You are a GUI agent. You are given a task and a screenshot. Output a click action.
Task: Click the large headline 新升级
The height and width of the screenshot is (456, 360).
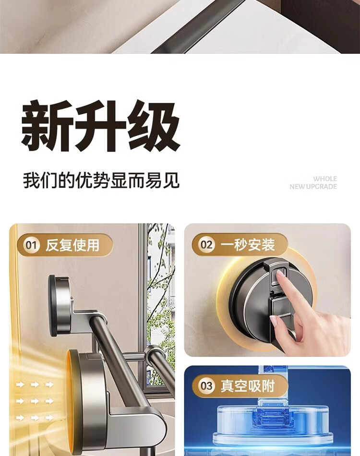coord(101,126)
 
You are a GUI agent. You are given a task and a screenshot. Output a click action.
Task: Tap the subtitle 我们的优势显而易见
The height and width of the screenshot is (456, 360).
coord(101,180)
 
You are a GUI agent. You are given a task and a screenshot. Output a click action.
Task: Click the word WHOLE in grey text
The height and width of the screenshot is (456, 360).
coord(325,179)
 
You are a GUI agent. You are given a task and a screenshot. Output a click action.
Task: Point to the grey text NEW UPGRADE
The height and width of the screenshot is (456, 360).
coord(313,187)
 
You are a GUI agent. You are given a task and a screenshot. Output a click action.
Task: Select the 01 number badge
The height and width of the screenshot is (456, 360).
coord(31,245)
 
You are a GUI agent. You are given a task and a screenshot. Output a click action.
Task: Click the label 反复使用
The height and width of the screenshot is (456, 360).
coord(72,245)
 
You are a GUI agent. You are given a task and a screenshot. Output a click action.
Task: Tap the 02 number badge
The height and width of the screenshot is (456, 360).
coord(206,245)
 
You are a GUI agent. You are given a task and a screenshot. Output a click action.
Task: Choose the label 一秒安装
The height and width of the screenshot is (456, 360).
coord(248,245)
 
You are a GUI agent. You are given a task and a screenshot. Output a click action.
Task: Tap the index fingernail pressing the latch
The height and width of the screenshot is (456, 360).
coord(281,274)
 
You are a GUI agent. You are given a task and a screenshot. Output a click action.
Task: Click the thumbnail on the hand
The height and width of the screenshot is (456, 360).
coord(273,321)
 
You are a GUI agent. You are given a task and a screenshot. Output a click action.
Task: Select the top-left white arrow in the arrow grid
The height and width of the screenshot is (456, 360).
coord(20,385)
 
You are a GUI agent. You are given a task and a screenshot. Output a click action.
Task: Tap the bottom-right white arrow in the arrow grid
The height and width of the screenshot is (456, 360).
coord(49,418)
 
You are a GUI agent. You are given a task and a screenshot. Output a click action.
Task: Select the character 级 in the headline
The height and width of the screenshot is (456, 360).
coord(154,126)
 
